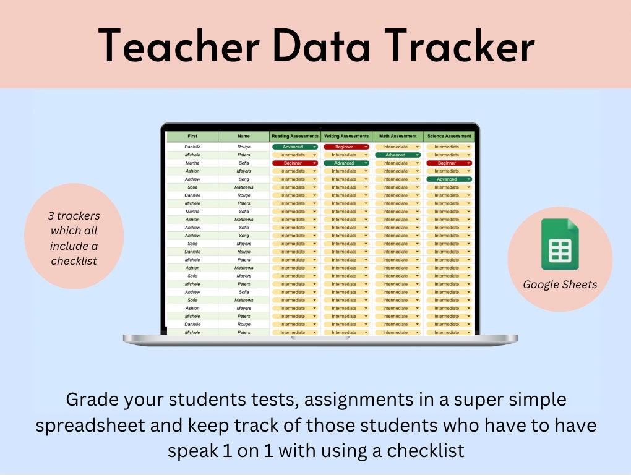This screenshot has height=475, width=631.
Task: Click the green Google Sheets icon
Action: pyautogui.click(x=560, y=244)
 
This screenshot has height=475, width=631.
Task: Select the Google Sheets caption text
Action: pyautogui.click(x=560, y=285)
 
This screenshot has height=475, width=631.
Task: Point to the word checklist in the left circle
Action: pyautogui.click(x=74, y=260)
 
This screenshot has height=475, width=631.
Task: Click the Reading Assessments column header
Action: pyautogui.click(x=295, y=136)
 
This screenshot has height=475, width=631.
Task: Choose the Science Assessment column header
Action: pyautogui.click(x=449, y=136)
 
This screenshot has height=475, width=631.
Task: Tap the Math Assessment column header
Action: pyautogui.click(x=398, y=136)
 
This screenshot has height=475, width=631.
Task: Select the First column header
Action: pyautogui.click(x=192, y=136)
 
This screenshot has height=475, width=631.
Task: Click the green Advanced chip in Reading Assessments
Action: pyautogui.click(x=294, y=147)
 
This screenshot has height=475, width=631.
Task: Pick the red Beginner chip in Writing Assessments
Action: pyautogui.click(x=346, y=147)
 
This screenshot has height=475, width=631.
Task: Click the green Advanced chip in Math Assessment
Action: pyautogui.click(x=397, y=155)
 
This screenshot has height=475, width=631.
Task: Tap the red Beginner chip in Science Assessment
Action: pyautogui.click(x=449, y=163)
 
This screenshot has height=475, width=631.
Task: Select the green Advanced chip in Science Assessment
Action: pyautogui.click(x=449, y=179)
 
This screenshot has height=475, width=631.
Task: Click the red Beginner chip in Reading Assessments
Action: pyautogui.click(x=294, y=163)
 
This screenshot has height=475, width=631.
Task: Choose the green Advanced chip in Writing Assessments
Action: pyautogui.click(x=346, y=163)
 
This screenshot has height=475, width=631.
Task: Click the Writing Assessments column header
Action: pyautogui.click(x=346, y=136)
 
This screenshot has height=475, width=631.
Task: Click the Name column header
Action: pyautogui.click(x=244, y=136)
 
